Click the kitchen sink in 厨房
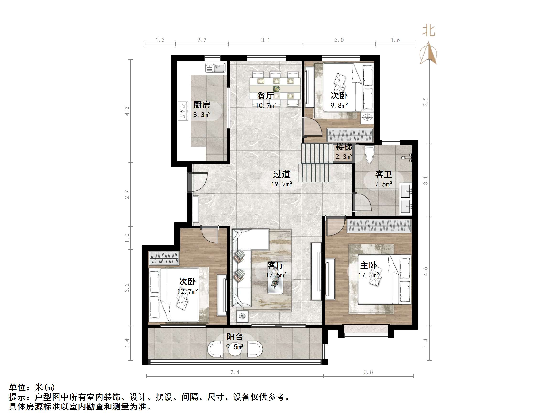click(x=215, y=68)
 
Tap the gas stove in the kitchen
click(x=183, y=111)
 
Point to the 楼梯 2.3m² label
click(x=344, y=152)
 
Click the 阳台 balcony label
click(x=235, y=337)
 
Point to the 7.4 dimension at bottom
click(x=235, y=372)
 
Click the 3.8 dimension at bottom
click(x=368, y=372)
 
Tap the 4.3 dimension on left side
click(x=127, y=111)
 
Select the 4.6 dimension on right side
click(x=425, y=271)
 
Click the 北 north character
click(x=429, y=31)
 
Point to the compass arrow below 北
click(x=428, y=54)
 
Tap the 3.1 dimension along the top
click(x=266, y=40)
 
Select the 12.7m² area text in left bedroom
click(x=187, y=291)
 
